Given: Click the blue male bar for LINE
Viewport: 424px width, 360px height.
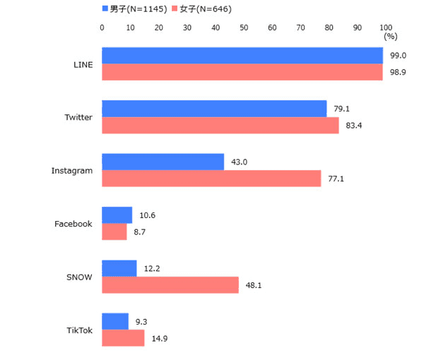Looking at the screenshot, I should (242, 56).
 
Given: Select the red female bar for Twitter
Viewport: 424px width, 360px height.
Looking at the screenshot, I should (220, 125).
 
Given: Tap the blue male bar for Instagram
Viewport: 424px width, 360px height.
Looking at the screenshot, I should (163, 162).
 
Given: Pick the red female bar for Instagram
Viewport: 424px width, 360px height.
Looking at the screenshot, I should (211, 179).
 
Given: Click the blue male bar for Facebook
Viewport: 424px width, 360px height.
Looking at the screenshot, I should (117, 215).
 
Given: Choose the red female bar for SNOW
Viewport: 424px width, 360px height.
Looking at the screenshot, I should (170, 285).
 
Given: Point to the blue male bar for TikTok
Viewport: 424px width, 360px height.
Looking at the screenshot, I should (115, 321).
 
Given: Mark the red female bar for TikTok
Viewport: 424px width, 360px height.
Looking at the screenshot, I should (123, 338).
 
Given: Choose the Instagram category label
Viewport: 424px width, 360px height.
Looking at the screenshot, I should (71, 171).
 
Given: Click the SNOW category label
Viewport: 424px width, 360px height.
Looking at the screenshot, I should (79, 277).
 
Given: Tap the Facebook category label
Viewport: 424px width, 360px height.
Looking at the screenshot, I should (73, 224).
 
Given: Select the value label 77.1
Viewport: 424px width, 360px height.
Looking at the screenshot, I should (336, 179).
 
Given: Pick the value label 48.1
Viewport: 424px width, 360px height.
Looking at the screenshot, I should (253, 285).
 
